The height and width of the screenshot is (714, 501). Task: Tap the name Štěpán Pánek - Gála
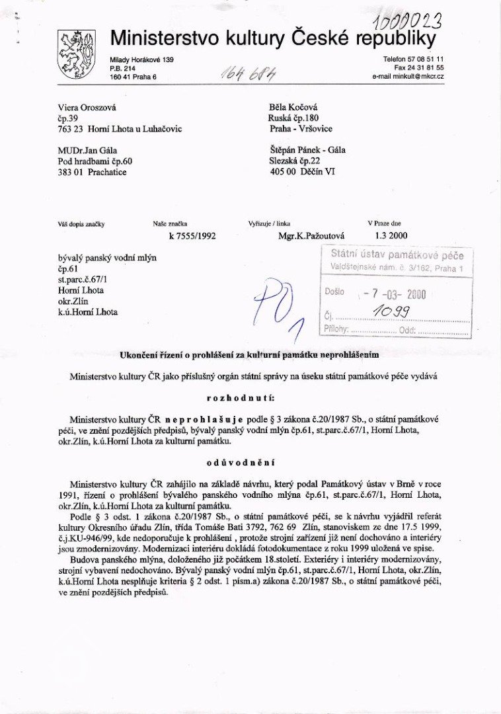(x=307, y=150)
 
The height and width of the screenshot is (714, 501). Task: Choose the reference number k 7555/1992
(x=192, y=235)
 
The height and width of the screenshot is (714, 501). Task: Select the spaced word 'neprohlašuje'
(x=205, y=420)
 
